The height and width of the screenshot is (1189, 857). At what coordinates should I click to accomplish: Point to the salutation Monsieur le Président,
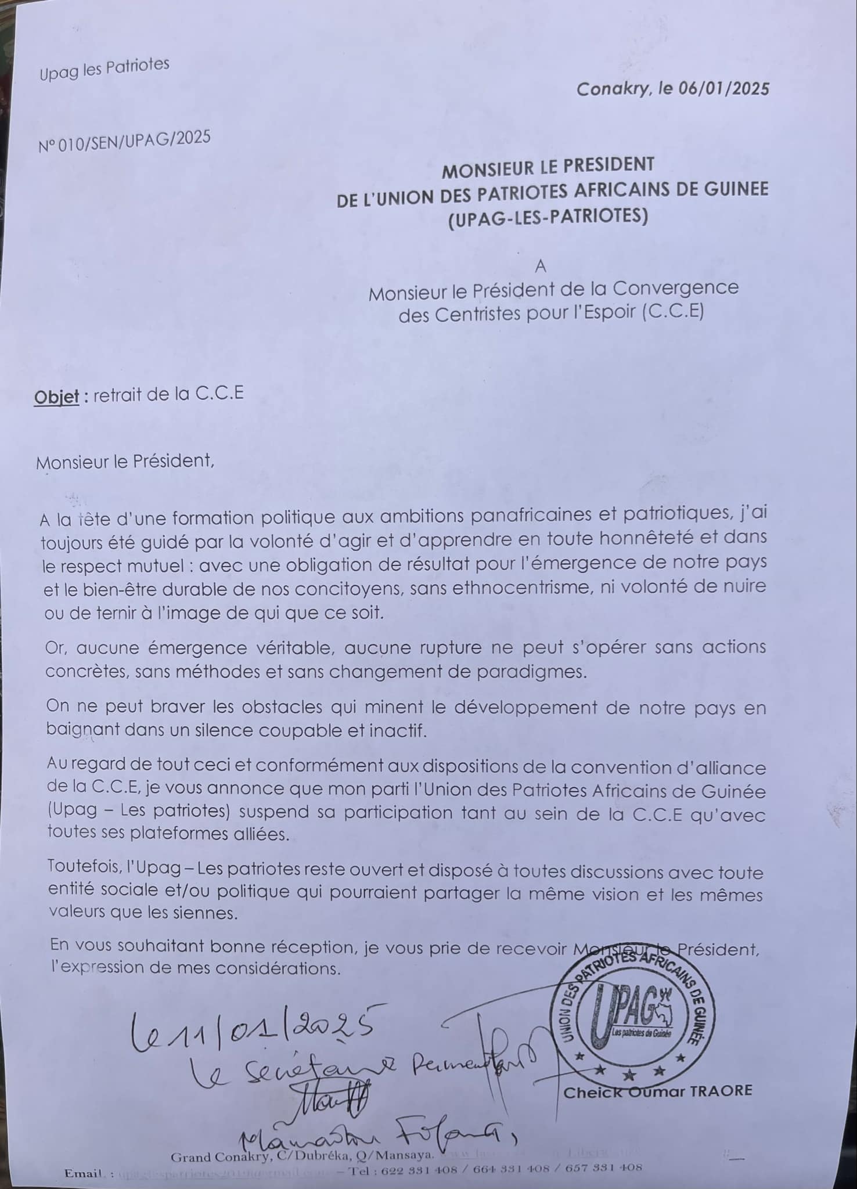pyautogui.click(x=125, y=462)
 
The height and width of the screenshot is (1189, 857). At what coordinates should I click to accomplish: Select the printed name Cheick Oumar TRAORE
pyautogui.click(x=657, y=1091)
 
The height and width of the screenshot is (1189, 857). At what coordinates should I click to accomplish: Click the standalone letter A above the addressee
pyautogui.click(x=541, y=266)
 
